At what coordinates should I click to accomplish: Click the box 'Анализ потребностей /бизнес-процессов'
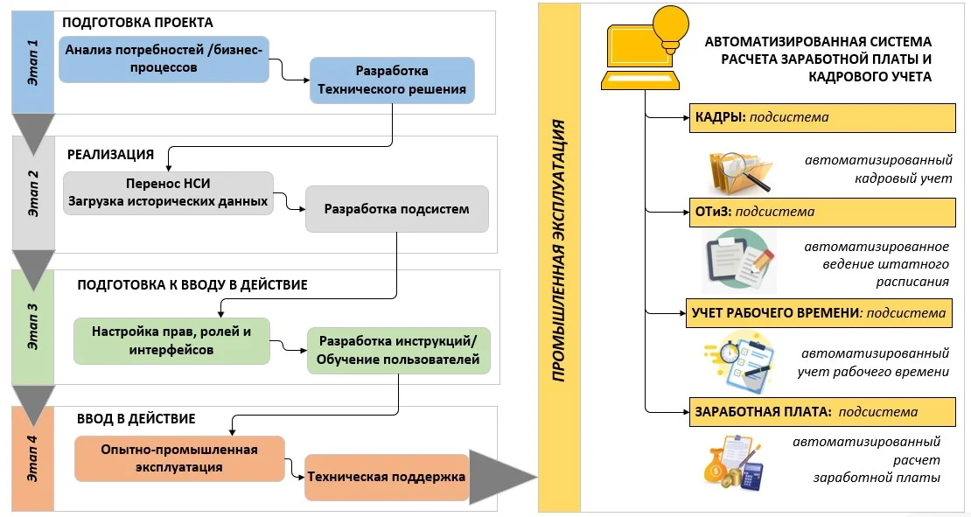point(164,59)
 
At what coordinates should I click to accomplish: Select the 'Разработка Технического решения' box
point(392,80)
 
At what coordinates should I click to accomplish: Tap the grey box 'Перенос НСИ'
point(169,193)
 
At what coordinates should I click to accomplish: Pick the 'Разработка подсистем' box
point(396,209)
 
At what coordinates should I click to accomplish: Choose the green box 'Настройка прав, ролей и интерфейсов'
point(171,340)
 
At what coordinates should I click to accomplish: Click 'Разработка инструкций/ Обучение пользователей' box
point(398,350)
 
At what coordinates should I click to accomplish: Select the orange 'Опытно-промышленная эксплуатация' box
point(180,458)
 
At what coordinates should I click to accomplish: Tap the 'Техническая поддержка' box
point(386,477)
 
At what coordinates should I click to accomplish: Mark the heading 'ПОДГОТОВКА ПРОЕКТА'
point(138,23)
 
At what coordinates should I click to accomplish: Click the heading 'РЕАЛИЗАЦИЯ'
point(110,155)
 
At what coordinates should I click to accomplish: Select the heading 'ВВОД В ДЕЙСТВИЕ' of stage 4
point(136,419)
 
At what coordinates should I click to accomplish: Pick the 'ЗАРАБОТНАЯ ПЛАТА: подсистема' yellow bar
point(818,412)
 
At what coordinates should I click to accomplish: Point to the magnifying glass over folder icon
point(740,171)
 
